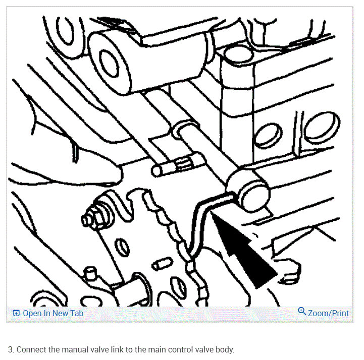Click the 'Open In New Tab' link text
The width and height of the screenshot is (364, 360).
coord(53,313)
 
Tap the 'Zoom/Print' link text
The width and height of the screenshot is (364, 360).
coord(328,313)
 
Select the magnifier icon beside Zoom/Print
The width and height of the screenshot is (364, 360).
coord(302,312)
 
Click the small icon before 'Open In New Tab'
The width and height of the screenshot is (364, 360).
coord(16,313)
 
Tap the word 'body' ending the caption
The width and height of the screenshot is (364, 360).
coord(225,349)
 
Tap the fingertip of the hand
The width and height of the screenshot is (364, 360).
coord(114,174)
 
